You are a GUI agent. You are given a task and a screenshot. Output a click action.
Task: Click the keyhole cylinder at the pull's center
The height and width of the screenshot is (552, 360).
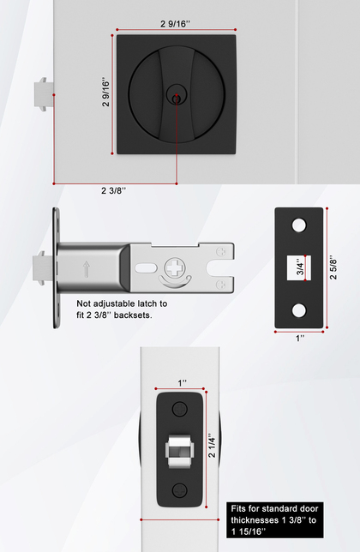(176, 96)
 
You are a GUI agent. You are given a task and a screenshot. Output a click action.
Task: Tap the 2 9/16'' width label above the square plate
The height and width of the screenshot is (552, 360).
(175, 24)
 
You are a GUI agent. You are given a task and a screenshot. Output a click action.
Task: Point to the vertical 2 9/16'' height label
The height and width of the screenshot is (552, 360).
(105, 92)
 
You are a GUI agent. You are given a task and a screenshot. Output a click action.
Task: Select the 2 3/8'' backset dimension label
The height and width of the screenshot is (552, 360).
(114, 190)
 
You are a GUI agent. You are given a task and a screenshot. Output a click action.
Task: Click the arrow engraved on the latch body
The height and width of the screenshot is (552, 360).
(86, 269)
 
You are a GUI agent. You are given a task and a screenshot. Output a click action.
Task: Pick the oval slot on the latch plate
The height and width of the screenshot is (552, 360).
(146, 268)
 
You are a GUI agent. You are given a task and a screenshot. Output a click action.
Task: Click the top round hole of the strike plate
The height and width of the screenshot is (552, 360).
(299, 225)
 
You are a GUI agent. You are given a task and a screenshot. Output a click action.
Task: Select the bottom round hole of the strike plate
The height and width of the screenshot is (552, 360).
(299, 310)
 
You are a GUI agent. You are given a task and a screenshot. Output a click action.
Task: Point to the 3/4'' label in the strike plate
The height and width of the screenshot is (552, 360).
(300, 268)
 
